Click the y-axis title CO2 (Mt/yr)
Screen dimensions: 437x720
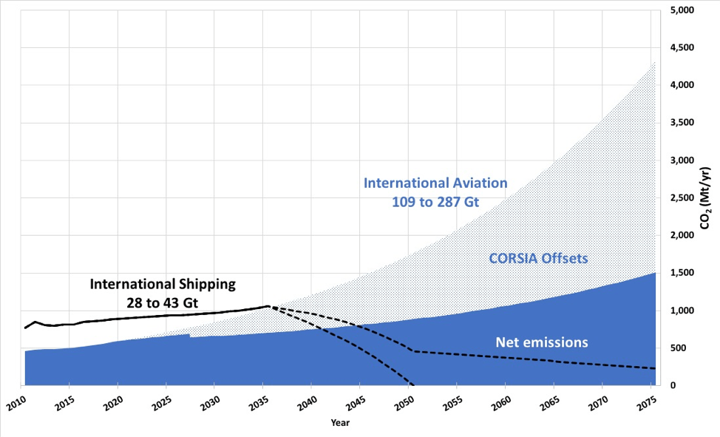click(705, 197)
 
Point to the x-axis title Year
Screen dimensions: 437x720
click(340, 424)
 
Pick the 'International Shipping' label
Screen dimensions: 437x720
click(163, 283)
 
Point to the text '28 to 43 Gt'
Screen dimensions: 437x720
click(163, 302)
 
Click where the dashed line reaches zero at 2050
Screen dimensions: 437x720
click(412, 385)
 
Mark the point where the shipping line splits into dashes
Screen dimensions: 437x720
click(267, 306)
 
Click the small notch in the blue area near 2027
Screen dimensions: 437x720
click(190, 336)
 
